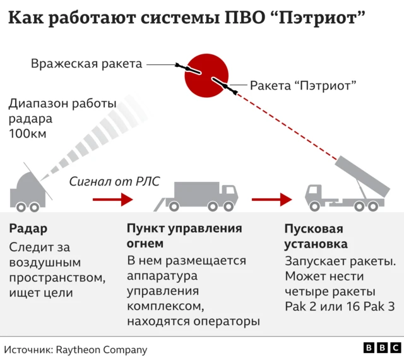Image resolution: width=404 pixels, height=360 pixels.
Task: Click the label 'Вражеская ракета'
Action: pos(86,63)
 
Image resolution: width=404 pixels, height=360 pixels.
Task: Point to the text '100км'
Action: pos(28,133)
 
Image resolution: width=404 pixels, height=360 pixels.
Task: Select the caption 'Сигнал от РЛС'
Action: pos(114,181)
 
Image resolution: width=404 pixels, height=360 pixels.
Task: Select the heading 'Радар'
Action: pos(28,228)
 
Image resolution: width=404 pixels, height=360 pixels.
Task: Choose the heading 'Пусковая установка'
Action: pos(316,236)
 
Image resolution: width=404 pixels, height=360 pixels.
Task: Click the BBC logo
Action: pos(381,348)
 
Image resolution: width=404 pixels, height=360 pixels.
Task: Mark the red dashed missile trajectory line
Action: pos(284,123)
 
